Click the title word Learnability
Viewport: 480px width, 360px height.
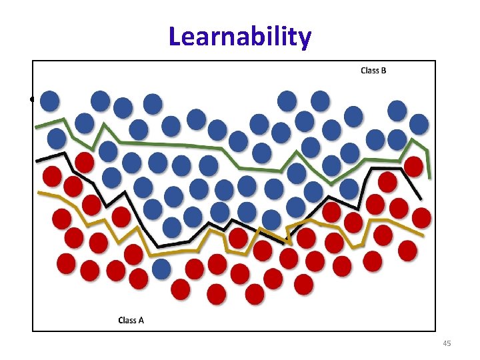coord(239,37)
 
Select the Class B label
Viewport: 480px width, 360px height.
coord(373,71)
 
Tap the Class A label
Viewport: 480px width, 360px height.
coord(131,320)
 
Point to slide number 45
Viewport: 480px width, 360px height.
coord(447,343)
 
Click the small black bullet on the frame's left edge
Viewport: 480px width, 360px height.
coord(32,101)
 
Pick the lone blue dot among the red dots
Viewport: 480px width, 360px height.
coord(161,269)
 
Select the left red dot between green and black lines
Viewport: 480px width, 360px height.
coord(84,162)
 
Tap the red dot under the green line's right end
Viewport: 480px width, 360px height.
coord(413,166)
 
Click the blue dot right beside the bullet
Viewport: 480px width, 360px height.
coord(49,101)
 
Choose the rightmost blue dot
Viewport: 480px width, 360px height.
coord(419,123)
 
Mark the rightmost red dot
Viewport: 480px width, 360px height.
coord(421,217)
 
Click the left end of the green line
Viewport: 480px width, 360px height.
coord(36,126)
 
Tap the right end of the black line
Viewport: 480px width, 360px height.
coord(421,199)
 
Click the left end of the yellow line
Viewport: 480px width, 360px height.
coord(39,193)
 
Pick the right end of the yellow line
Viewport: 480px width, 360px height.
coord(423,235)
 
